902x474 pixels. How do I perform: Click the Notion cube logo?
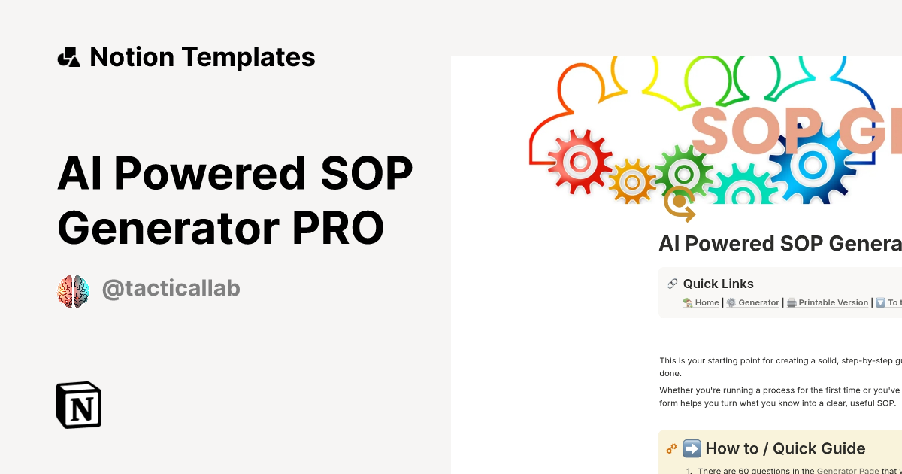click(79, 405)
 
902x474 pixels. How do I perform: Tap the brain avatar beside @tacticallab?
click(74, 291)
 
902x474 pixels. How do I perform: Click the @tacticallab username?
click(171, 290)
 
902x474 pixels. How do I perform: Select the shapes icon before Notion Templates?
click(69, 57)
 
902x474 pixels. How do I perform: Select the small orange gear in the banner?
click(631, 181)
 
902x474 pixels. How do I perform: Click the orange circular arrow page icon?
click(680, 203)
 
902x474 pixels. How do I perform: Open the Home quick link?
click(706, 302)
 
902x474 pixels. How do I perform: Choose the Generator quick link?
click(758, 302)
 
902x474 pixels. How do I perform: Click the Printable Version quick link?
click(832, 302)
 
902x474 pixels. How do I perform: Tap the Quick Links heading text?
click(718, 284)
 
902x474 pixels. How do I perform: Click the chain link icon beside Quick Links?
click(672, 284)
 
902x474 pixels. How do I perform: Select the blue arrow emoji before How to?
click(692, 449)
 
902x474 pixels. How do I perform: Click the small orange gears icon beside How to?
click(671, 449)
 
